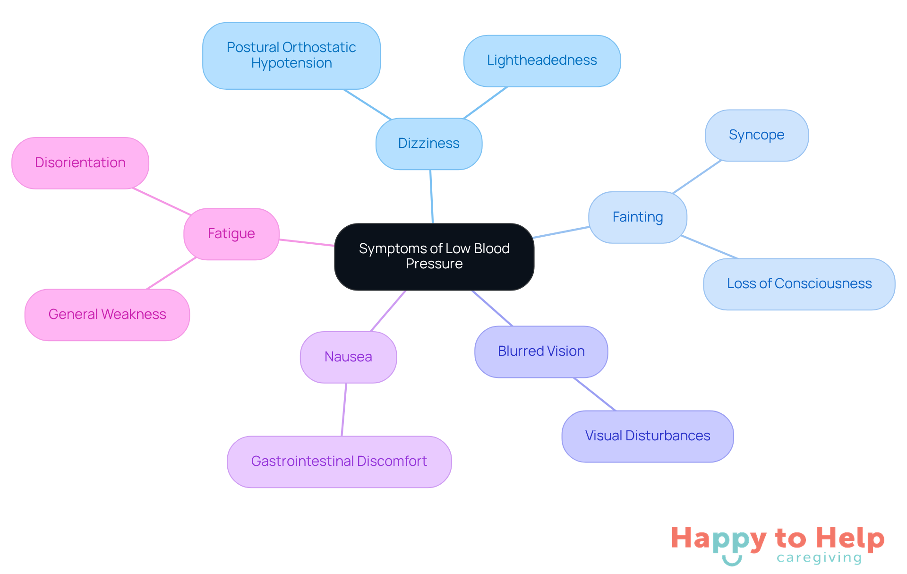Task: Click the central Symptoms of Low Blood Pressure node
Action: click(x=434, y=256)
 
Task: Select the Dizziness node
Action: click(x=428, y=143)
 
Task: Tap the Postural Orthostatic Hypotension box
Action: click(x=291, y=55)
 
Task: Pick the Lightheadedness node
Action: click(x=541, y=60)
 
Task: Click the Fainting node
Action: click(x=637, y=217)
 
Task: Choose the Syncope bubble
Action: click(x=756, y=135)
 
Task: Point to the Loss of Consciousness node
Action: click(x=799, y=283)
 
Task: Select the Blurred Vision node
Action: click(x=541, y=351)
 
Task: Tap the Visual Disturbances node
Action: click(x=647, y=436)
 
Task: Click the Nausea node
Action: click(x=348, y=357)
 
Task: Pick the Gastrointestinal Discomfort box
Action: click(x=339, y=461)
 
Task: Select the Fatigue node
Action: click(x=231, y=233)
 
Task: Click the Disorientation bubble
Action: click(x=80, y=163)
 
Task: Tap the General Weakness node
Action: click(x=107, y=314)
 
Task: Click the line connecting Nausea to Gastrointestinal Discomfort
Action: click(x=344, y=409)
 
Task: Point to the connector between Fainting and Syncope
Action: click(x=697, y=176)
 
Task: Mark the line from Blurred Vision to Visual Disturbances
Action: click(x=594, y=394)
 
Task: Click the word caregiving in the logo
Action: click(x=819, y=558)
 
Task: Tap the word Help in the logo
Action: click(x=850, y=539)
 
